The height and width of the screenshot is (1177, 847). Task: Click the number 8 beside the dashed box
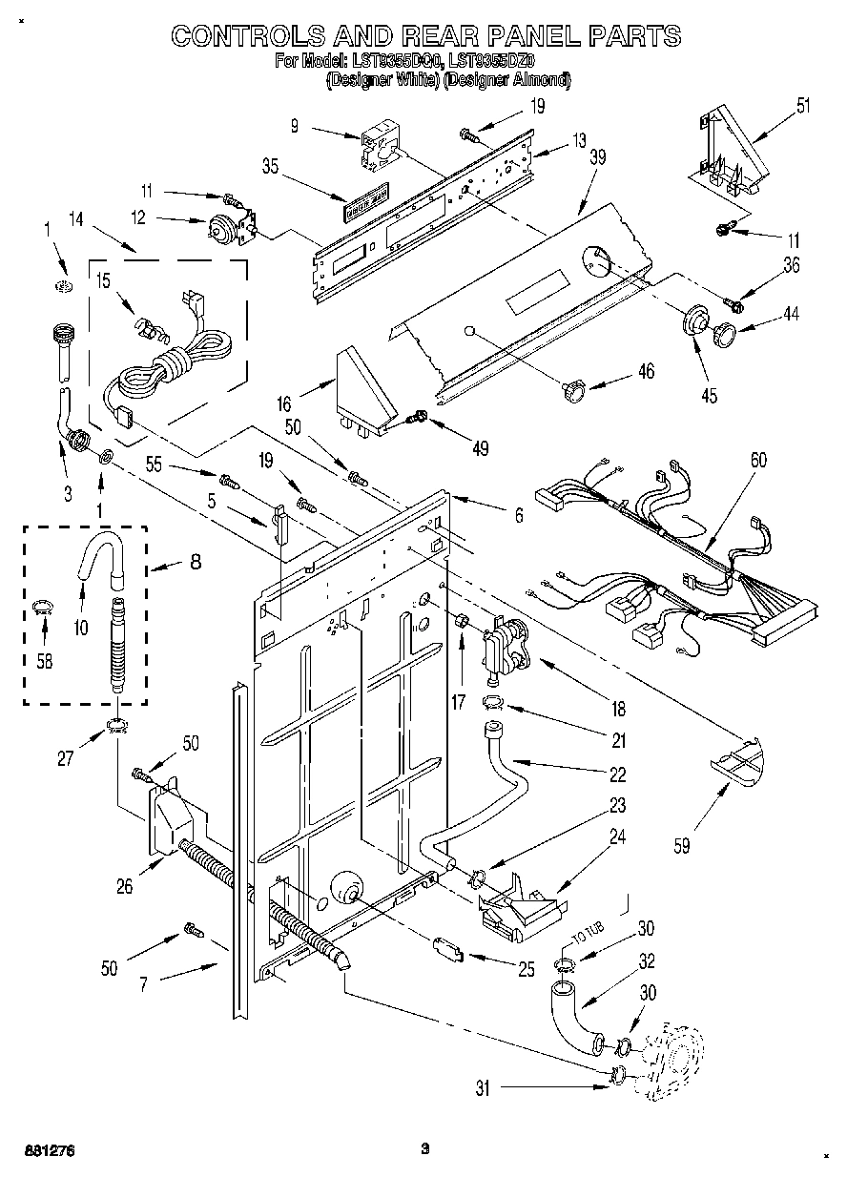point(195,563)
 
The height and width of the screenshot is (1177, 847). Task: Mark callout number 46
point(646,372)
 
